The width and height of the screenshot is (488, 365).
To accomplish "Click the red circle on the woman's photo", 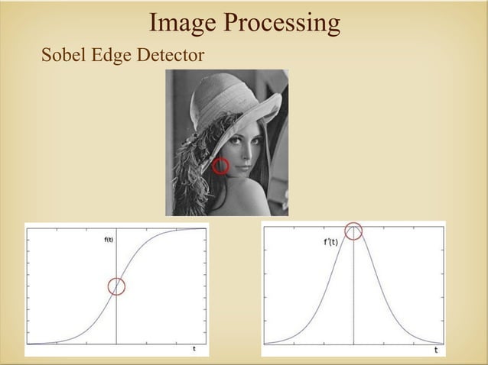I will point(220,166).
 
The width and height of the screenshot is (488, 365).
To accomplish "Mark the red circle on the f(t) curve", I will point(116,286).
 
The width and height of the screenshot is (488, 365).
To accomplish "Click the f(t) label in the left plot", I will point(109,239).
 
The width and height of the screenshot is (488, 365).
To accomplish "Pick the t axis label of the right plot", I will point(436,350).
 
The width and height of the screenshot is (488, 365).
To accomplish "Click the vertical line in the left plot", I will point(116,321).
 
